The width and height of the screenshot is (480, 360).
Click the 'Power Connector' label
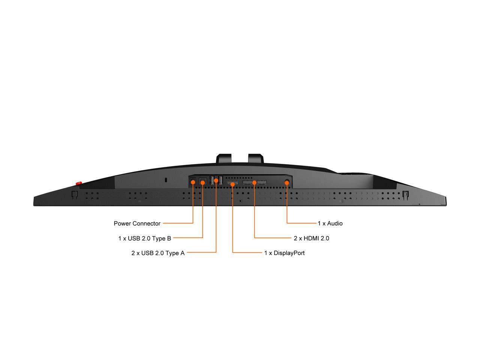coord(137,223)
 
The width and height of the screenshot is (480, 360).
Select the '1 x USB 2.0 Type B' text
coord(144,238)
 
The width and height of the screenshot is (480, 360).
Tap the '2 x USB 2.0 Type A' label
coord(158,253)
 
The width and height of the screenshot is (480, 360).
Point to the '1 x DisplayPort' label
coord(284,253)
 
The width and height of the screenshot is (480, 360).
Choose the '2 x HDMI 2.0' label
coord(311,238)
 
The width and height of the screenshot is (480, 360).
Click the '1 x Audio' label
coord(330,223)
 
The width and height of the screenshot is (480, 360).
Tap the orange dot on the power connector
coord(193,182)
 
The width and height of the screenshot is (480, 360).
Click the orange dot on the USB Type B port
coord(202,182)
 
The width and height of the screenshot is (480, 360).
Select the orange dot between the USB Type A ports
coord(216,181)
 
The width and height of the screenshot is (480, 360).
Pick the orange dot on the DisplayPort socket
coord(232,184)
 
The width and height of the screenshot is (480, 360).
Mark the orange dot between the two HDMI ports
coord(254,182)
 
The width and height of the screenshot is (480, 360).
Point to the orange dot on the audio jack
coord(287,182)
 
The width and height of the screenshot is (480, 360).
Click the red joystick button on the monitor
coord(79,183)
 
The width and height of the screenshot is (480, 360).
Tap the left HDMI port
coord(247,182)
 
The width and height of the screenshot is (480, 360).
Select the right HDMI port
coord(262,182)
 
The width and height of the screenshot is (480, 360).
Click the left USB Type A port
coord(212,180)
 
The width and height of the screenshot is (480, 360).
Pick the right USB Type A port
coord(220,180)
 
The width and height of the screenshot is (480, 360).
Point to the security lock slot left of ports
coord(166,180)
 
